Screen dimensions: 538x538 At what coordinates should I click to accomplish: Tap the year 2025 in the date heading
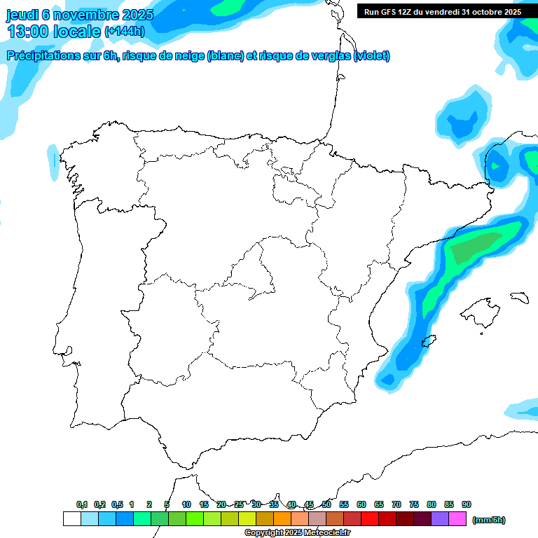click(x=139, y=15)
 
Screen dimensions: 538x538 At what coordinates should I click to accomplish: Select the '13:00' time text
click(x=28, y=32)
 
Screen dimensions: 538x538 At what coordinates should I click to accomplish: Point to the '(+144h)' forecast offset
click(x=124, y=32)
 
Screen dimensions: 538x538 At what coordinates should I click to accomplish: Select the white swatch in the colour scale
click(x=71, y=519)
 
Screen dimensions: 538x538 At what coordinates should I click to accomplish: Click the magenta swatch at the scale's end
click(x=457, y=519)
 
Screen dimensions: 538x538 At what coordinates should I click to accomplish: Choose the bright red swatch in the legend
click(x=370, y=519)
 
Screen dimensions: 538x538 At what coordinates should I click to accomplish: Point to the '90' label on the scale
click(x=467, y=504)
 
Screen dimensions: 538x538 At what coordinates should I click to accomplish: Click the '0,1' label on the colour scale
click(x=82, y=504)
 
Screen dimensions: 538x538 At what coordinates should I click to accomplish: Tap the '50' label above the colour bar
click(x=326, y=504)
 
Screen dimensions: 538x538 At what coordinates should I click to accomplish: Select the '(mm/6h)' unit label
click(x=488, y=520)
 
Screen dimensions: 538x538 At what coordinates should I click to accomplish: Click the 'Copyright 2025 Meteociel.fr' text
click(x=297, y=533)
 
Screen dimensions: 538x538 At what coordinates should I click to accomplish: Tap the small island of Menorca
click(x=519, y=297)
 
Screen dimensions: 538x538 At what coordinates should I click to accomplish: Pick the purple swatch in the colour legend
click(x=440, y=519)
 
